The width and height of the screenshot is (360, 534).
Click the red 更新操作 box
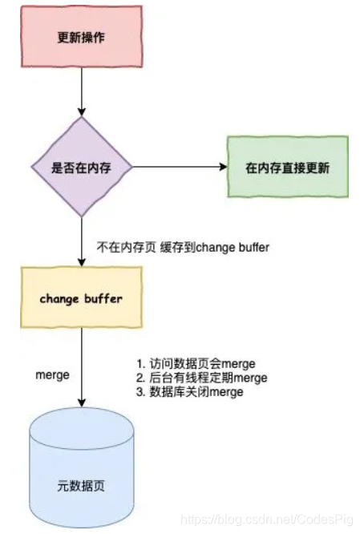coord(81,38)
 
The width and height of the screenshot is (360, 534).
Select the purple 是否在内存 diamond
coord(81,168)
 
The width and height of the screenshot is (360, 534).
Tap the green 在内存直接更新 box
coord(288,168)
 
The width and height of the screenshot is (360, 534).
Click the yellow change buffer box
coord(81,298)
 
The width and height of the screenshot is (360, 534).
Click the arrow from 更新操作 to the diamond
coord(81,92)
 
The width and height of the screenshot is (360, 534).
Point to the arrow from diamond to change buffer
coord(81,241)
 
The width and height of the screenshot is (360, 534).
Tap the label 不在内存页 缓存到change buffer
coord(183,248)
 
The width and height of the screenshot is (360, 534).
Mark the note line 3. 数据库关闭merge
coord(192,392)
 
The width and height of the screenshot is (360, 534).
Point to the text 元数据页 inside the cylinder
coord(81,486)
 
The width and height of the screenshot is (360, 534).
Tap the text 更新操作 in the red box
coord(81,38)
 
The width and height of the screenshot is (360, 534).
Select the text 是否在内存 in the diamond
coord(81,168)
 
